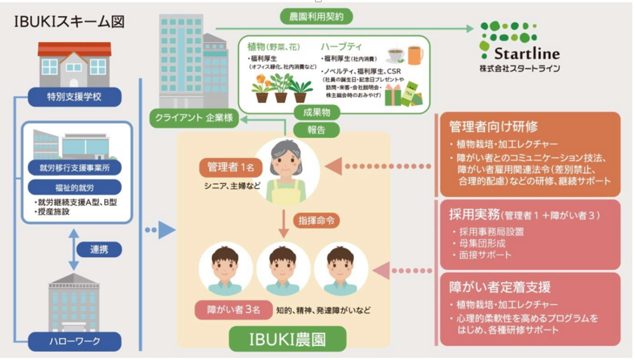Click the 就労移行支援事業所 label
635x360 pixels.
coord(74,167)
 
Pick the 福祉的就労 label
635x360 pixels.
coord(74,187)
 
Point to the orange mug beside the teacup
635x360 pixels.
coord(415,55)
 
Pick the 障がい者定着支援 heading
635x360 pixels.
coord(500,287)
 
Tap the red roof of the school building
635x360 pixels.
coord(74,49)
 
